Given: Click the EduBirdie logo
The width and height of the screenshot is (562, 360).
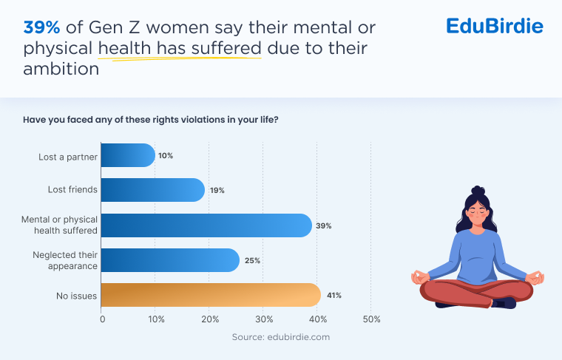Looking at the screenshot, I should coord(495,27).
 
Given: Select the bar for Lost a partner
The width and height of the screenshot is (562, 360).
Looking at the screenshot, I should coord(127,155).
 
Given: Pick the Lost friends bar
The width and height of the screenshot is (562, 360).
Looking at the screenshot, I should coord(152,190).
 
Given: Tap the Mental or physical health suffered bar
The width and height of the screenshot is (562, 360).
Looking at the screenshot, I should coord(206,225).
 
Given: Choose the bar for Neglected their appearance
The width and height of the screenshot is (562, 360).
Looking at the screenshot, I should coord(169,260).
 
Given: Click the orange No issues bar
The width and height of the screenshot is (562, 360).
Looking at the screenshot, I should coord(211,295).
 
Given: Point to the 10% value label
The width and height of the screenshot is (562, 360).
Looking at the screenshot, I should coord(166,156).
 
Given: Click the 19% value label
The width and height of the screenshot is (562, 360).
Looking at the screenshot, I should coord(217,191).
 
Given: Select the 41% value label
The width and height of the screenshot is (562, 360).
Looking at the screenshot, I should coord(334,296).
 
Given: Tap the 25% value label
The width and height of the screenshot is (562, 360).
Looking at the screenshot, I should coord(252,261).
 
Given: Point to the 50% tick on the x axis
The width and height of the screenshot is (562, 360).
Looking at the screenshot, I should coord(372,319).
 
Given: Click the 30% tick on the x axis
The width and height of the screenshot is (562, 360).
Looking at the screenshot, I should coord(264,319).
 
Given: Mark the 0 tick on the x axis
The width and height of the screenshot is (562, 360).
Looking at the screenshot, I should coord(102,319).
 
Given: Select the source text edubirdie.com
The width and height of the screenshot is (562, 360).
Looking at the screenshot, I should coord(280,337).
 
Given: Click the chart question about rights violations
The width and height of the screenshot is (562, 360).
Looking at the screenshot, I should coord(150,120).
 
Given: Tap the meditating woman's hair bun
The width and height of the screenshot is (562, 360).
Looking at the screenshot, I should coord(478,191).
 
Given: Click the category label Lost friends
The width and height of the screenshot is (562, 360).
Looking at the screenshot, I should coord(72,190).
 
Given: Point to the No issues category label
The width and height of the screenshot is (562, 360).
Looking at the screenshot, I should coord(76,296).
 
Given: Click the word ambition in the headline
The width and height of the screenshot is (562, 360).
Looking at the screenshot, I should coord(61,69).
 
